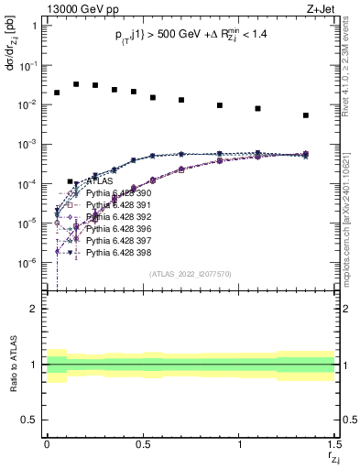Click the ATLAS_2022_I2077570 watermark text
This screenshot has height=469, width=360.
point(190,273)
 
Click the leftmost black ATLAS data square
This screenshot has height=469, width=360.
point(57,93)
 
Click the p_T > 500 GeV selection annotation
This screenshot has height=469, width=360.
point(190,39)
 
